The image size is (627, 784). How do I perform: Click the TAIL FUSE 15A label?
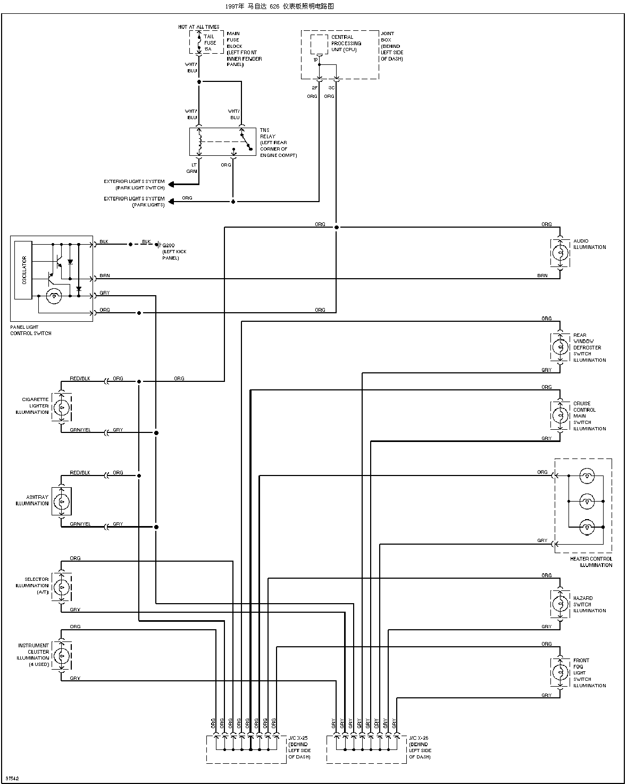210,43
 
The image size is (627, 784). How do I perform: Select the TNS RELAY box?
223,141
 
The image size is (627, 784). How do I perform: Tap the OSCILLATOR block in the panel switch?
23,270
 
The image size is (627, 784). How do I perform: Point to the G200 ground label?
169,245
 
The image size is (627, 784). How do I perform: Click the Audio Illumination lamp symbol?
560,253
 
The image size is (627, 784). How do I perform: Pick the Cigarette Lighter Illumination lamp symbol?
62,407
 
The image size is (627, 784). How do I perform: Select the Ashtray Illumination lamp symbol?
62,502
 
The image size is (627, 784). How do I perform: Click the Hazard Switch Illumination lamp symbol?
560,604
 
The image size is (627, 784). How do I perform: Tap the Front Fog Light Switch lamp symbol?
560,672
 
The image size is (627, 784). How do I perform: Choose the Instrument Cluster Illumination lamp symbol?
62,656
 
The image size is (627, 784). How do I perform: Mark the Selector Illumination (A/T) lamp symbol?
62,587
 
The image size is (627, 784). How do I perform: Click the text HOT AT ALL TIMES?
198,27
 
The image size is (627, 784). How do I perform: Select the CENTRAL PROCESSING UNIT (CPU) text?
346,44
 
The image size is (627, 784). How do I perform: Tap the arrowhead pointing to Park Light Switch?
171,185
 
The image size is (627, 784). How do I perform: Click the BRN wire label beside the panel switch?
105,276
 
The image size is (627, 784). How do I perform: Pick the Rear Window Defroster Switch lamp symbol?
560,347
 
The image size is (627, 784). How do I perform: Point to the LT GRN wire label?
192,168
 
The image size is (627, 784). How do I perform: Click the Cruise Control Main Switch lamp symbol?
560,416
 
